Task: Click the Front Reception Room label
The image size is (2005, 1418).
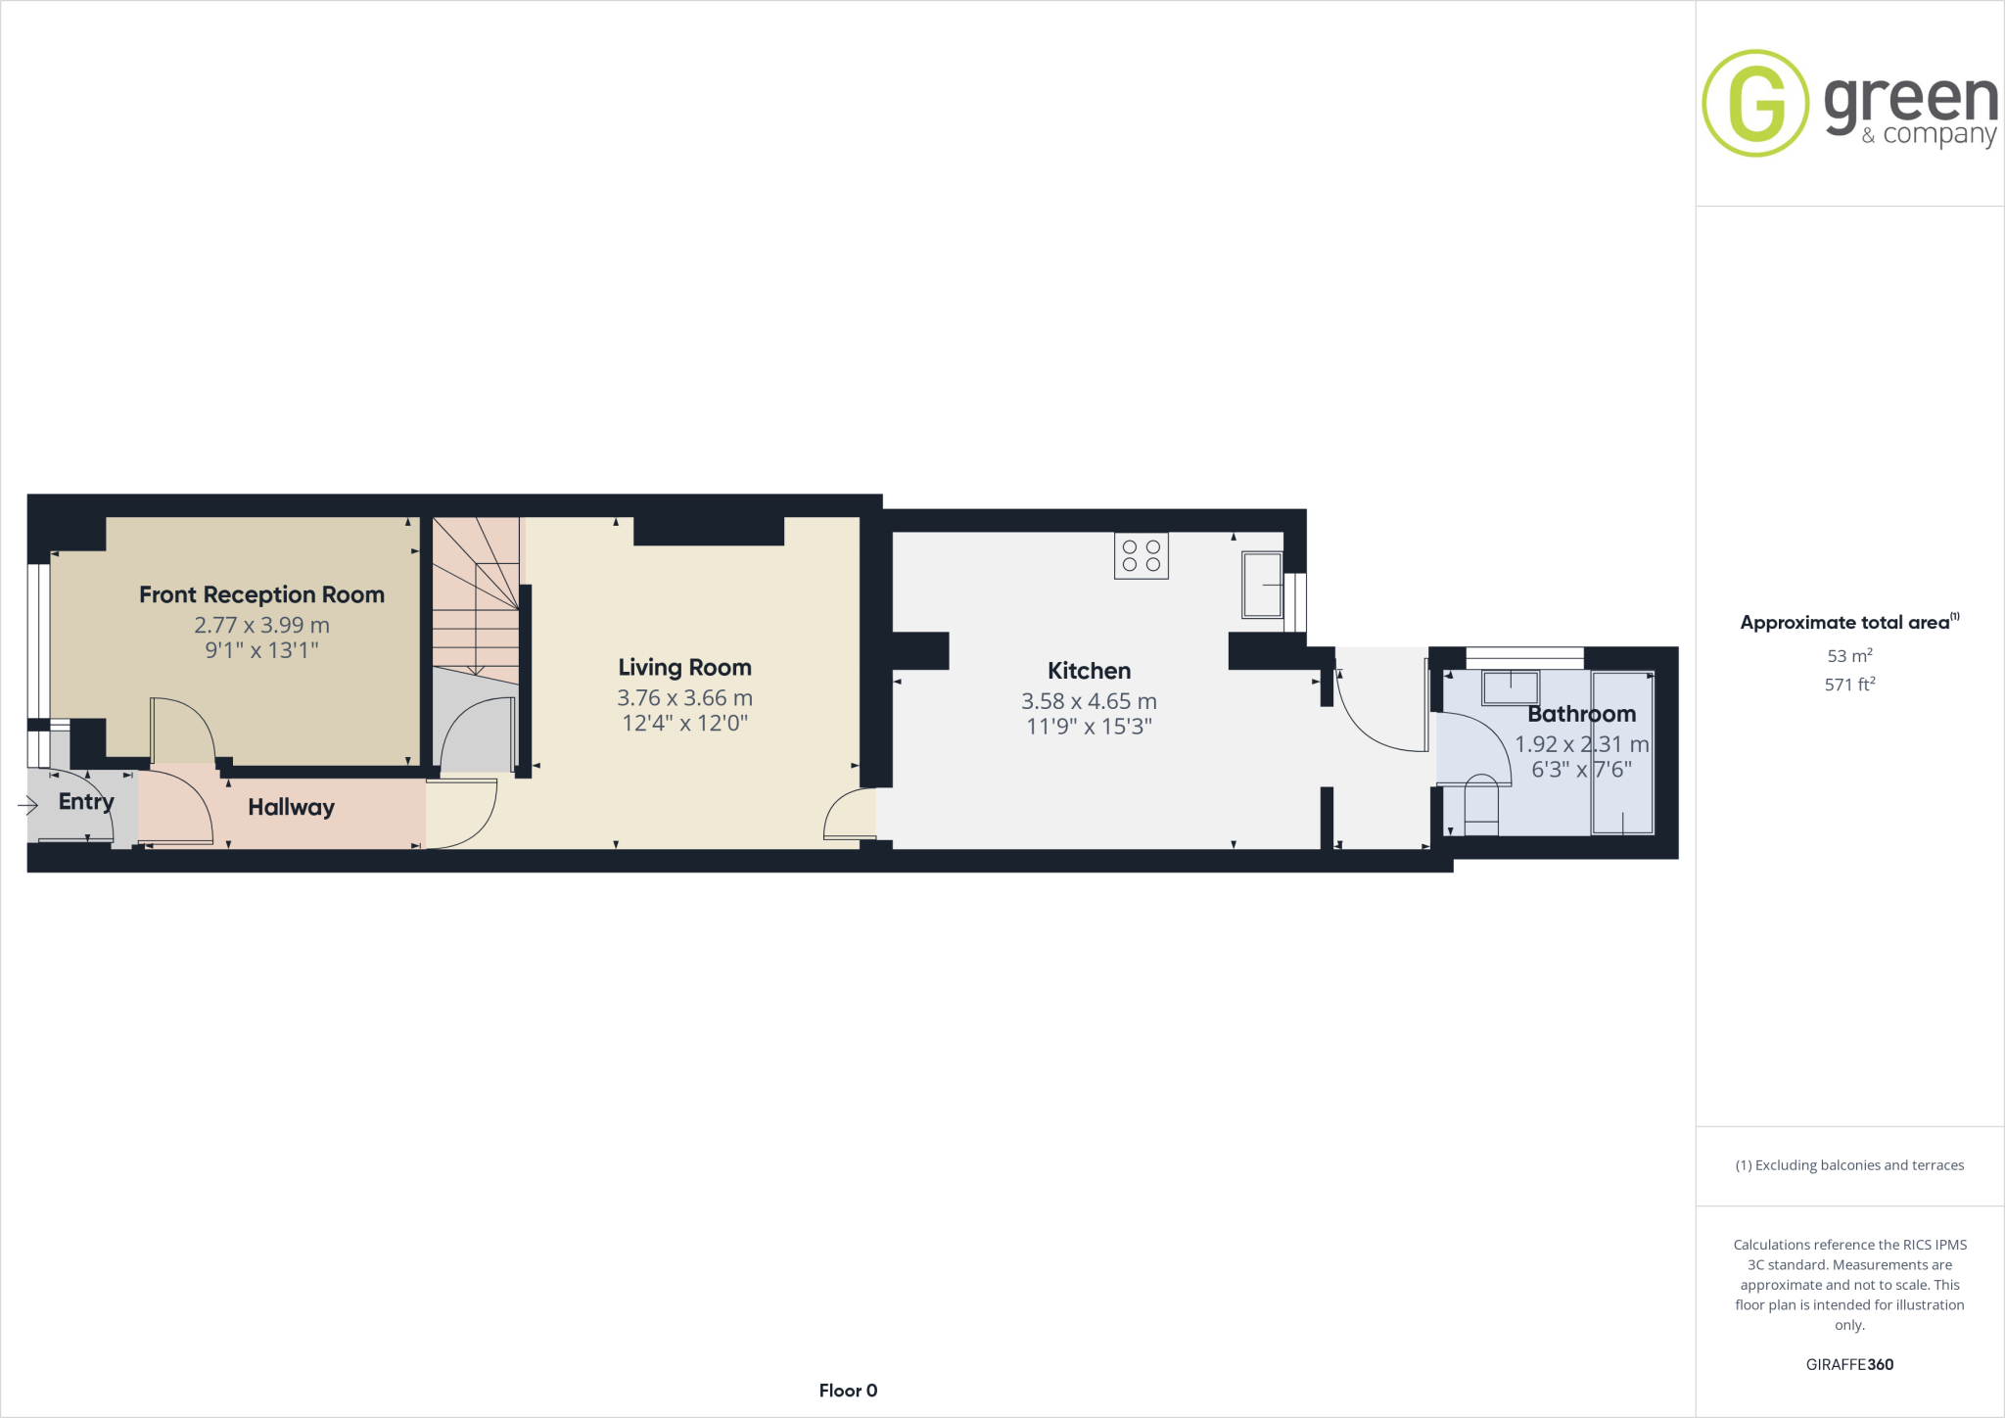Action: pyautogui.click(x=261, y=594)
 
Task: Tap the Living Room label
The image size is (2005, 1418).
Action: pyautogui.click(x=684, y=668)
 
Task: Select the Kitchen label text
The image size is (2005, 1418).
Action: pyautogui.click(x=1089, y=671)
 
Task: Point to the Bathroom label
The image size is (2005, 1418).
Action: pyautogui.click(x=1581, y=714)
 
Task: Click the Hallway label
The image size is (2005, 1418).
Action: pyautogui.click(x=291, y=807)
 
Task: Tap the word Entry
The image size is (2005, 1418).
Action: pyautogui.click(x=86, y=802)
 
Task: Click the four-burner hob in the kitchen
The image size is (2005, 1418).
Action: pyautogui.click(x=1141, y=556)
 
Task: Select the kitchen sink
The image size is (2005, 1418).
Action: pyautogui.click(x=1261, y=586)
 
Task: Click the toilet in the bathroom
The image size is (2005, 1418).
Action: pyautogui.click(x=1480, y=804)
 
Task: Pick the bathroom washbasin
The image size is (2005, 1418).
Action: pyautogui.click(x=1511, y=687)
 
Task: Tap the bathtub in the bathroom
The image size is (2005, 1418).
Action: pyautogui.click(x=1622, y=752)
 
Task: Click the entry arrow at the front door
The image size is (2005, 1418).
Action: pyautogui.click(x=27, y=805)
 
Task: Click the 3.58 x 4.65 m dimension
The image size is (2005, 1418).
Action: pyautogui.click(x=1089, y=701)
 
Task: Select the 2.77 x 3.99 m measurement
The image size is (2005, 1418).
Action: pyautogui.click(x=261, y=625)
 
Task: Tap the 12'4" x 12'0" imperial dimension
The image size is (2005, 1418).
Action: pyautogui.click(x=684, y=724)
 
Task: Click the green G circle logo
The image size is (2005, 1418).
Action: pyautogui.click(x=1755, y=103)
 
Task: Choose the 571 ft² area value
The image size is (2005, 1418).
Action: pyautogui.click(x=1849, y=685)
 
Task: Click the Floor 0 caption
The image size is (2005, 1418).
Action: pyautogui.click(x=848, y=1391)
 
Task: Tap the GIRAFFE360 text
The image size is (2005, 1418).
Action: pyautogui.click(x=1849, y=1364)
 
